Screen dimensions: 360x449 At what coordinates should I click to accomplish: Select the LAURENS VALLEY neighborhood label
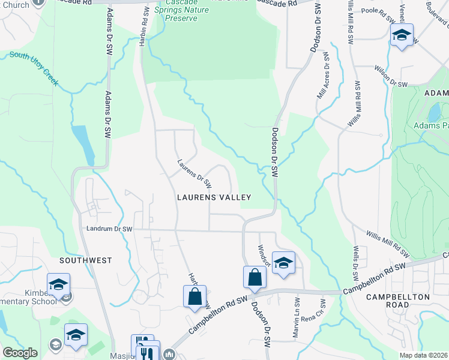click(x=213, y=197)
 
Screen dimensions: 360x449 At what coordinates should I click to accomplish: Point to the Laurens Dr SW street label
click(x=194, y=172)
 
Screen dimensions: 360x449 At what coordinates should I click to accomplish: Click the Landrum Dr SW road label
click(x=109, y=229)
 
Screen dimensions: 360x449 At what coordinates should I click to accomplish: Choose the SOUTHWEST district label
click(x=86, y=260)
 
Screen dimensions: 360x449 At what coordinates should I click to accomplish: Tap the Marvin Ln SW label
click(x=297, y=318)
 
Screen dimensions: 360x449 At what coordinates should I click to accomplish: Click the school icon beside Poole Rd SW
click(x=402, y=35)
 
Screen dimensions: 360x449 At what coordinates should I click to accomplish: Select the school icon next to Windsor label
click(x=283, y=263)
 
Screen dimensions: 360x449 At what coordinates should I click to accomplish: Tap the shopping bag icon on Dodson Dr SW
click(x=255, y=277)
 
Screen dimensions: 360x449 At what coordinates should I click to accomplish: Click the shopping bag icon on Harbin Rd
click(x=194, y=296)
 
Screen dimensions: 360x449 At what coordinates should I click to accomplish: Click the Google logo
click(x=20, y=353)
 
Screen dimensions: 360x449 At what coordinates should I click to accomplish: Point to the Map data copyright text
click(x=423, y=355)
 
